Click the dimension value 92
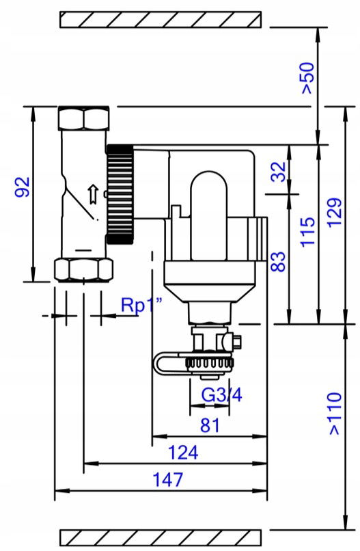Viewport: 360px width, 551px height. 22,187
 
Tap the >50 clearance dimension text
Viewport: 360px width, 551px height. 307,78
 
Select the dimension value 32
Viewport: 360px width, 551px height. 279,172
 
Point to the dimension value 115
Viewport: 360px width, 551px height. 307,232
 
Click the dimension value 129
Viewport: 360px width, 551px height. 335,213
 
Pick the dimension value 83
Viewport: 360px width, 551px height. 279,261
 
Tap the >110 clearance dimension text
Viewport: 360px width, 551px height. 335,414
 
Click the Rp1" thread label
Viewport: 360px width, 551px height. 141,305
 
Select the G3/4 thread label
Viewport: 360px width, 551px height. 221,395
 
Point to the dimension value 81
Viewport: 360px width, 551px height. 210,425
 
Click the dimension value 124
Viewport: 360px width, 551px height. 183,453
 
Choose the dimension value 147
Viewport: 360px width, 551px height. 168,480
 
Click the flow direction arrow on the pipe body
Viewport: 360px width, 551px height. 92,194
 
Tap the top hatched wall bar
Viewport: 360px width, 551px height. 161,19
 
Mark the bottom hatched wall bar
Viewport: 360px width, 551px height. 161,537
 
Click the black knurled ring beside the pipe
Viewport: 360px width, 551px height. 120,194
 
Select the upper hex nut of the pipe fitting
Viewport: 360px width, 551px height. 83,118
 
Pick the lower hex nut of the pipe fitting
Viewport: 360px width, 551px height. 84,270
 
